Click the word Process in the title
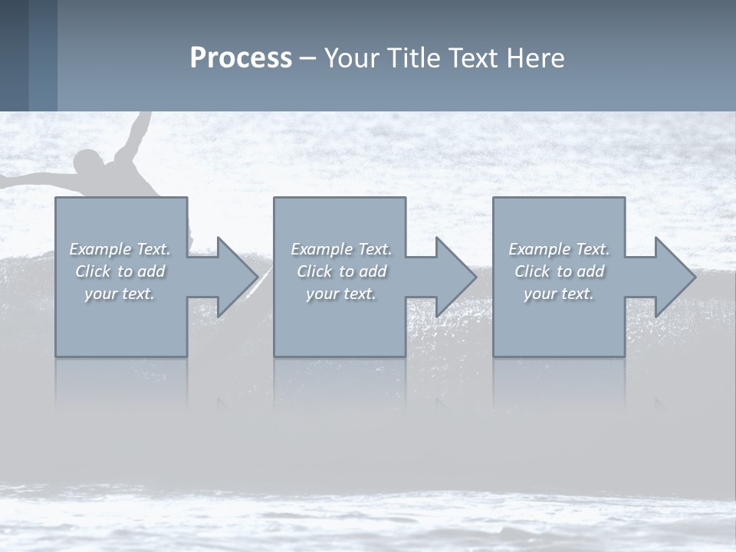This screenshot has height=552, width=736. pyautogui.click(x=241, y=58)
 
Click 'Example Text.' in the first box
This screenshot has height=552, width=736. pyautogui.click(x=120, y=249)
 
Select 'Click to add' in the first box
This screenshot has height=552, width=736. pyautogui.click(x=120, y=271)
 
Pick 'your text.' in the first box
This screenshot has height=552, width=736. pyautogui.click(x=120, y=294)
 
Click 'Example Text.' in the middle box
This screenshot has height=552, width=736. pyautogui.click(x=341, y=249)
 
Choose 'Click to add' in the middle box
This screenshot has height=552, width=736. pyautogui.click(x=341, y=271)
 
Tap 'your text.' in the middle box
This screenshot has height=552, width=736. pyautogui.click(x=341, y=294)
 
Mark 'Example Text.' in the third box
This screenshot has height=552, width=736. pyautogui.click(x=559, y=249)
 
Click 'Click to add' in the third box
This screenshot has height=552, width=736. pyautogui.click(x=559, y=271)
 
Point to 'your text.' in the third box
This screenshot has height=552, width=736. pyautogui.click(x=559, y=294)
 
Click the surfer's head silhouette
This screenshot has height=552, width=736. pyautogui.click(x=90, y=163)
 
